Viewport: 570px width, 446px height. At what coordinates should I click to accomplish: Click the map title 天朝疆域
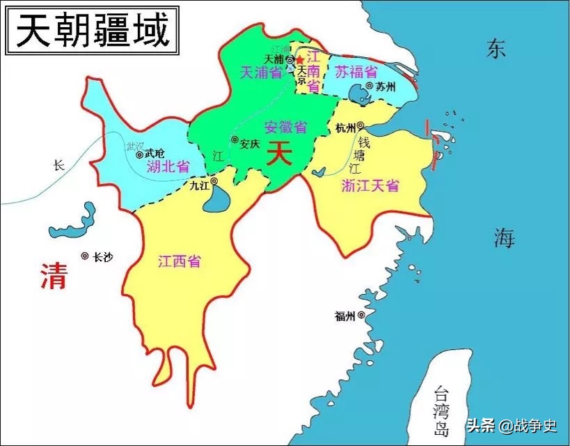point(93,31)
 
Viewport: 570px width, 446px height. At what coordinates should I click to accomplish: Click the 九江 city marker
point(214,182)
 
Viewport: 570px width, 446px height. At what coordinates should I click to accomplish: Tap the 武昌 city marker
point(140,154)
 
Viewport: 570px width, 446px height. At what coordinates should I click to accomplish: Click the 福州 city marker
point(361,316)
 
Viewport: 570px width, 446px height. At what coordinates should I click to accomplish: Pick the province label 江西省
point(179,261)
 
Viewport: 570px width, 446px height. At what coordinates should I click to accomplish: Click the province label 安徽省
point(285,128)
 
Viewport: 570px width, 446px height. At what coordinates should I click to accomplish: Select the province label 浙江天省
point(370,185)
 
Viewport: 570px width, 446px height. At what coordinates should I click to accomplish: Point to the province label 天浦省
point(260,72)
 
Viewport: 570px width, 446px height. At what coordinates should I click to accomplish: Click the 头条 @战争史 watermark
point(512,425)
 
